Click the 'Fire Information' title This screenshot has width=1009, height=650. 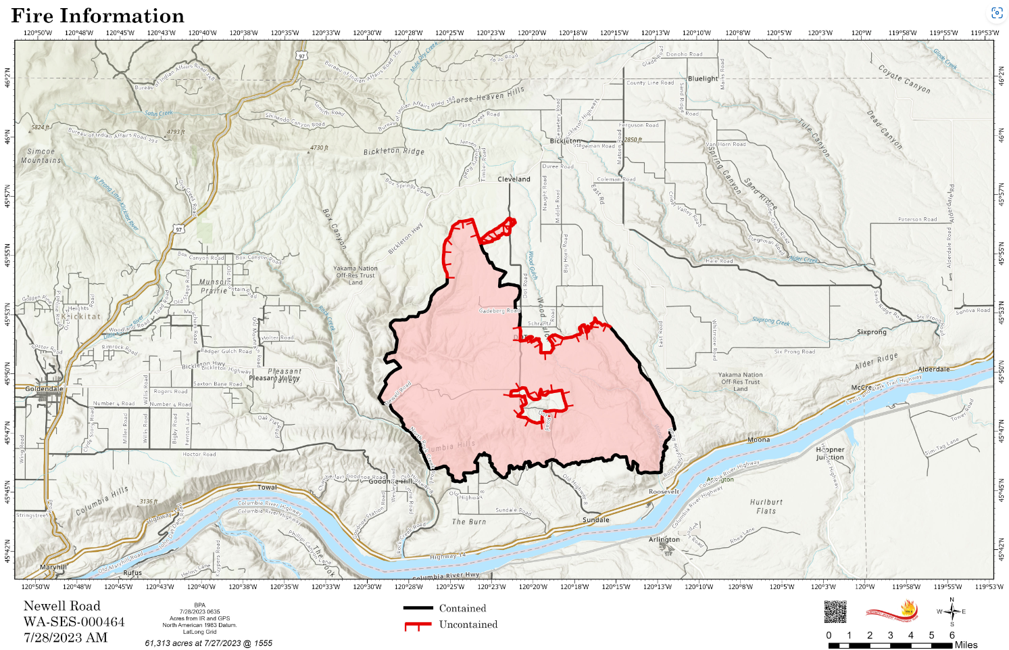[x=98, y=16]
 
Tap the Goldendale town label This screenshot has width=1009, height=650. [x=44, y=389]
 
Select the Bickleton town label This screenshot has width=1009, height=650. [x=565, y=141]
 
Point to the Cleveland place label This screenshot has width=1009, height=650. [x=514, y=179]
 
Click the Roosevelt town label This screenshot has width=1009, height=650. [x=664, y=492]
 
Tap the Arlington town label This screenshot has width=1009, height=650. [x=664, y=540]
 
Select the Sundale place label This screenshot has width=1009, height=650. [x=595, y=520]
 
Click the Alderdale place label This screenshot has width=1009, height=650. [x=933, y=369]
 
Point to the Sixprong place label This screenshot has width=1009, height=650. [x=871, y=332]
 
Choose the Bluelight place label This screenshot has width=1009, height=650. [x=703, y=78]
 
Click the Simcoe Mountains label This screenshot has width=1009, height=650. [x=41, y=156]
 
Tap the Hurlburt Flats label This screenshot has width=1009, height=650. [x=766, y=507]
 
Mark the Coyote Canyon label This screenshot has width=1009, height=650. [x=904, y=79]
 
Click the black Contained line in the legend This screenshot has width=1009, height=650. [x=418, y=608]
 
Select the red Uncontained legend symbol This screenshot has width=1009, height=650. [x=418, y=625]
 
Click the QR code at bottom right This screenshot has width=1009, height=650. [x=835, y=611]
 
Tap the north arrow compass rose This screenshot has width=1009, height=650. [x=952, y=612]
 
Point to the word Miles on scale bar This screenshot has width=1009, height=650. [x=966, y=645]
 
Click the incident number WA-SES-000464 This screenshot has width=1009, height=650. [x=74, y=622]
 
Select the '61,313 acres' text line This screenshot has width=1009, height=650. [x=208, y=643]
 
